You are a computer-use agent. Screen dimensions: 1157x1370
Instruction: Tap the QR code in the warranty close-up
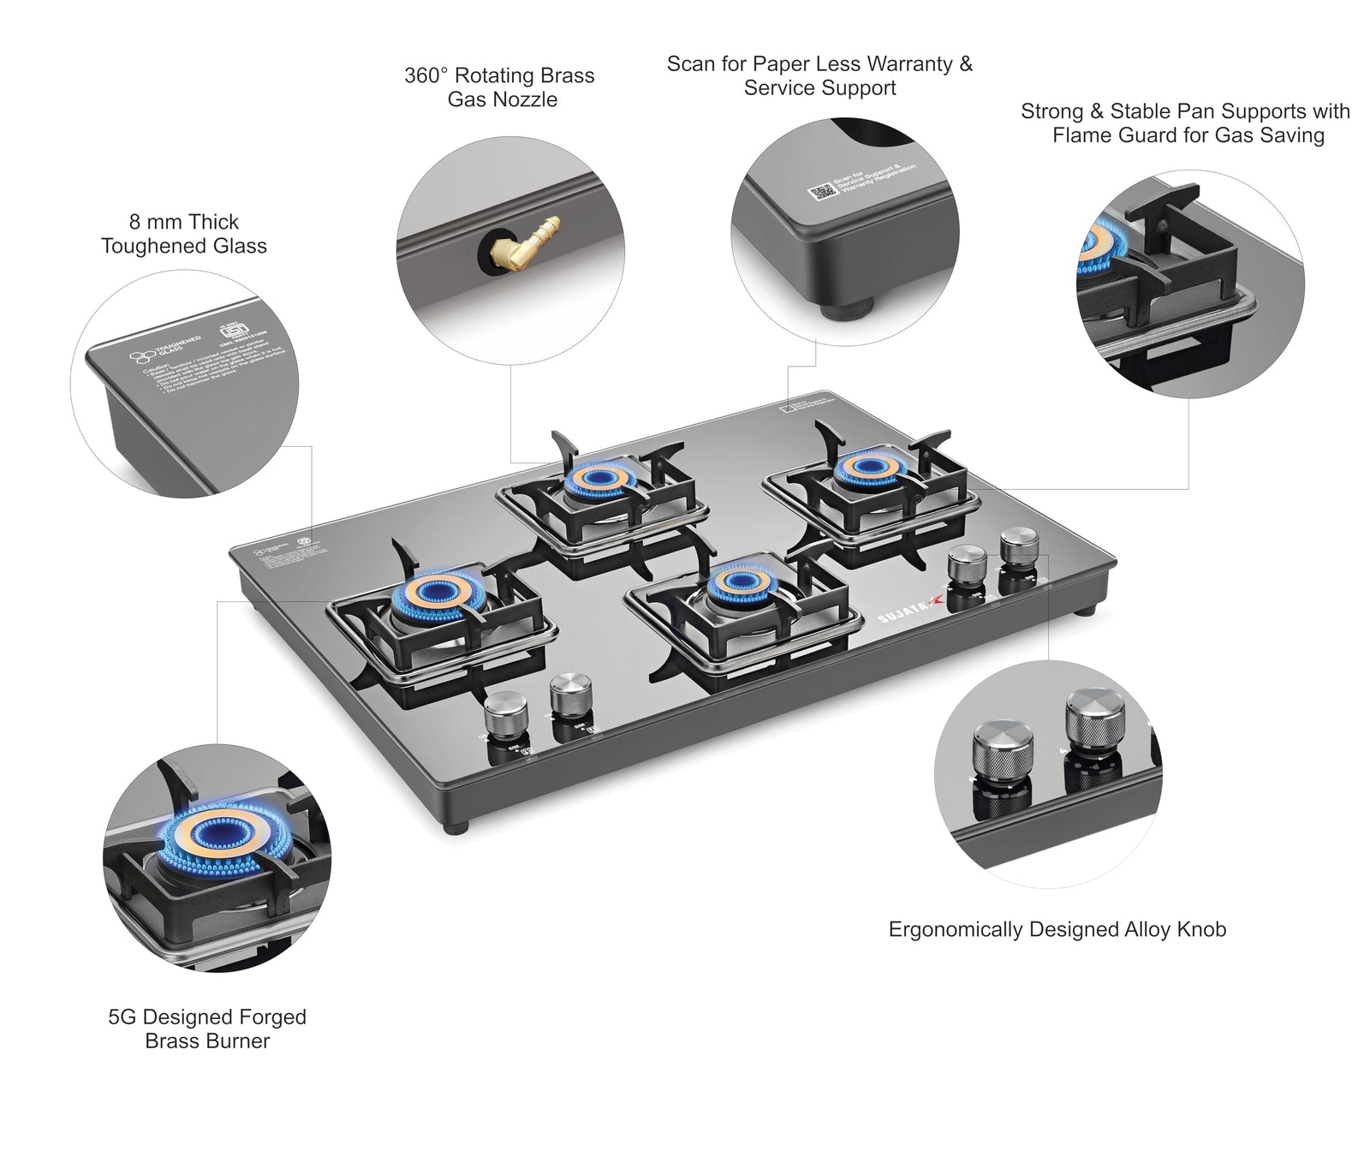click(x=823, y=190)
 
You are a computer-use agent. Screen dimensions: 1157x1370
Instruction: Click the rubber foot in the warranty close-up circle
click(x=849, y=307)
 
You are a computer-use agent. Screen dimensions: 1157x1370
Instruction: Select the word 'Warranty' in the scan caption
click(x=919, y=63)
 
